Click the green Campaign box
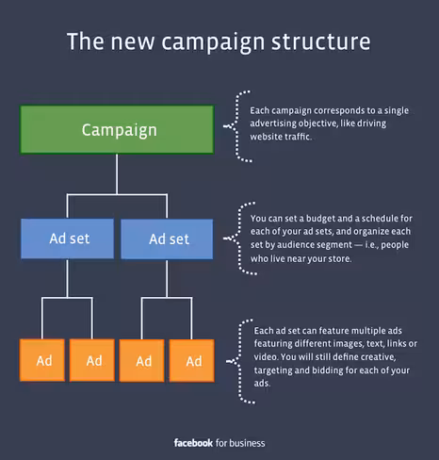[117, 129]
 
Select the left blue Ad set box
[68, 238]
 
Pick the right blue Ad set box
[167, 239]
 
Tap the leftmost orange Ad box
[42, 360]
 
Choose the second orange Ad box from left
[92, 360]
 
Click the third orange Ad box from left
[141, 360]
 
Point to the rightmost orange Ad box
[192, 360]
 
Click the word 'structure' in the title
[321, 41]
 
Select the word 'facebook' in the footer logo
[193, 443]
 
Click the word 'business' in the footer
[247, 443]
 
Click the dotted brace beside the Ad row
[240, 361]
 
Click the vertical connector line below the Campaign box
[117, 174]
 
